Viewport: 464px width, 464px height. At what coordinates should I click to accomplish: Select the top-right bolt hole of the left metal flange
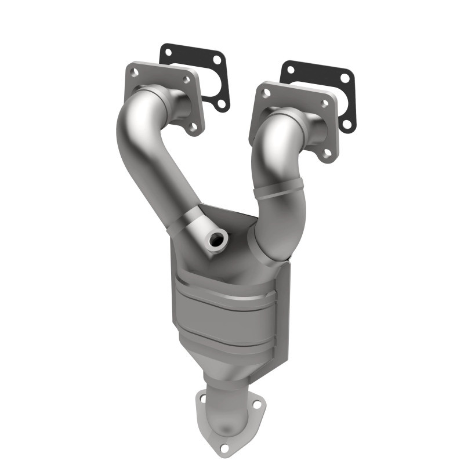[x=187, y=81]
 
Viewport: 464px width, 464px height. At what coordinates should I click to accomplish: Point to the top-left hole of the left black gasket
[x=167, y=52]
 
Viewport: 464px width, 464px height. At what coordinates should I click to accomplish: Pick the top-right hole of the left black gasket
[x=217, y=60]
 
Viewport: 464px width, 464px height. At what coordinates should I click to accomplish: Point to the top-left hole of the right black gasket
[x=290, y=70]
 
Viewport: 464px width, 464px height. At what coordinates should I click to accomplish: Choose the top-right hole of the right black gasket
[x=345, y=77]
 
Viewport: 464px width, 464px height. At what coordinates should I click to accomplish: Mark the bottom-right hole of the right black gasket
[x=347, y=124]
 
